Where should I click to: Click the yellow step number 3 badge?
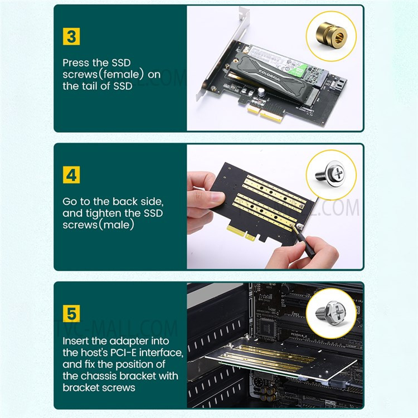[71, 36]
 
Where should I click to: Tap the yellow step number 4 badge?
[71, 175]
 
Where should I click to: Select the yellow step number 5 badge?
[71, 313]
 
